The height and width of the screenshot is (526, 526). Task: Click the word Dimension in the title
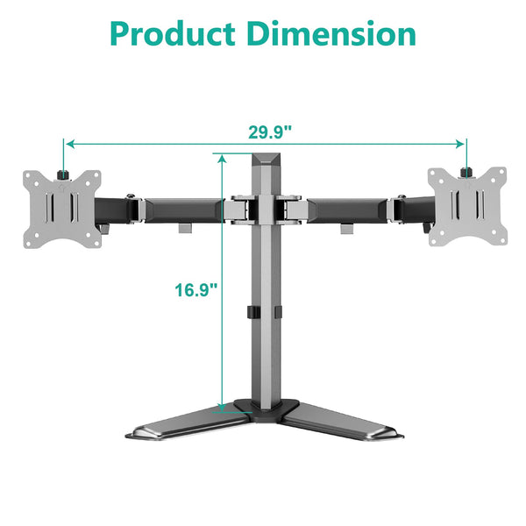point(331,34)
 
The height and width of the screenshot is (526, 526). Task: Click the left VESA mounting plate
point(58,204)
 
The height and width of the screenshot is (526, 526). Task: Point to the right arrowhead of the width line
point(461,143)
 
